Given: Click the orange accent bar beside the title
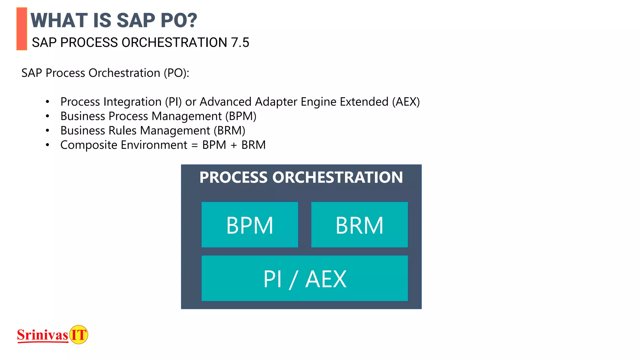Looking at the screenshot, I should point(22,29).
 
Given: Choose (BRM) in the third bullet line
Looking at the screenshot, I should point(229,131).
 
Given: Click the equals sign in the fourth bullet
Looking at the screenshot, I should point(195,145).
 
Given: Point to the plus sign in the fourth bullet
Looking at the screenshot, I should point(233,145).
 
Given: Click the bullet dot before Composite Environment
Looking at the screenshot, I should point(47,145).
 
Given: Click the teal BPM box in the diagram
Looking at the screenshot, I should point(250,225).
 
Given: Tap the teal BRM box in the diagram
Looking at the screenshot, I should point(359,225).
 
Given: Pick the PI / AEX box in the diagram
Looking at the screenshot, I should point(305,278).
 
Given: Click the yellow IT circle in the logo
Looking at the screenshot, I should point(78,335).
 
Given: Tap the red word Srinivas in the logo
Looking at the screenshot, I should point(42,335).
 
